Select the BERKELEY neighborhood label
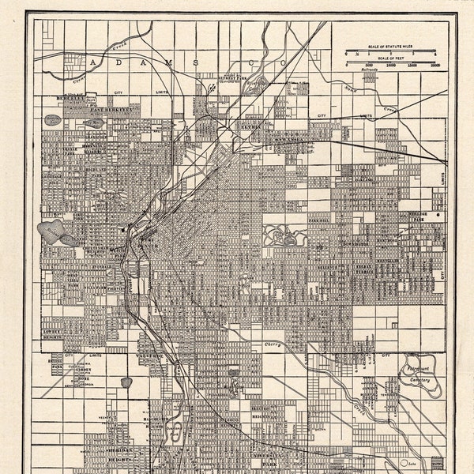pos(66,98)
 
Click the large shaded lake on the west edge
pos(51,231)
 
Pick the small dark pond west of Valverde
pos(126,382)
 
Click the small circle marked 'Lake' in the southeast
pos(406,462)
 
